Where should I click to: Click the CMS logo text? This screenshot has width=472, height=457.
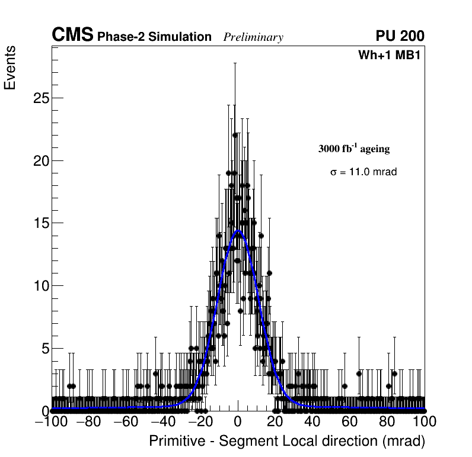[72, 36]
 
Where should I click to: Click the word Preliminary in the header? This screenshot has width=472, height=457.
[253, 38]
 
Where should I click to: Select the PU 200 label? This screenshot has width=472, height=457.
[400, 36]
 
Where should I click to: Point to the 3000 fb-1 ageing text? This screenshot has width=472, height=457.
[354, 149]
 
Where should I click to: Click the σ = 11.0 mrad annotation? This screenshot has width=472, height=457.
[363, 172]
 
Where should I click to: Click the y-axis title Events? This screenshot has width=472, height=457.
[10, 67]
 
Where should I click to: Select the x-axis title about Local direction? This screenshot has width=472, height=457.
[287, 442]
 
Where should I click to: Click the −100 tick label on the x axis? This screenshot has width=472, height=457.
[52, 422]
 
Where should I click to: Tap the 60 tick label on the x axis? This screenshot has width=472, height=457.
[350, 422]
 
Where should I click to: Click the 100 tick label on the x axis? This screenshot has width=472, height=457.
[424, 422]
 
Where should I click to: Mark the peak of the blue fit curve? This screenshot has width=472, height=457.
[238, 231]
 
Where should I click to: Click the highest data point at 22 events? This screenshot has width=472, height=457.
[235, 135]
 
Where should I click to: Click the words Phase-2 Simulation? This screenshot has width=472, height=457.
[154, 37]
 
